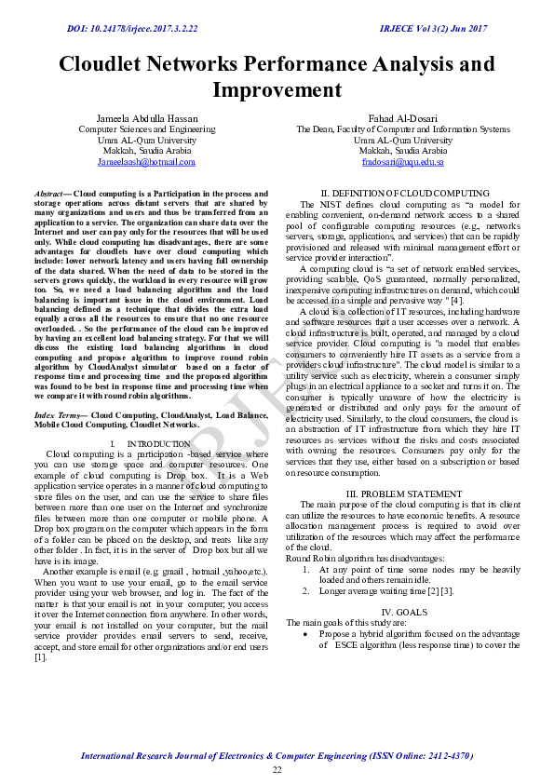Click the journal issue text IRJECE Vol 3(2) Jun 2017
point(433,29)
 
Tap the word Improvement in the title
point(277,90)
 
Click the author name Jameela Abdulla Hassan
point(146,118)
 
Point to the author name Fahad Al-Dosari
point(402,118)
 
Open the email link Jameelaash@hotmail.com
point(146,161)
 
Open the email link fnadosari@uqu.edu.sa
point(402,161)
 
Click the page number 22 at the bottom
point(277,770)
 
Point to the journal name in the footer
point(277,755)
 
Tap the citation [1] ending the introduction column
point(40,656)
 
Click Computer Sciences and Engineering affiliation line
point(146,129)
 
